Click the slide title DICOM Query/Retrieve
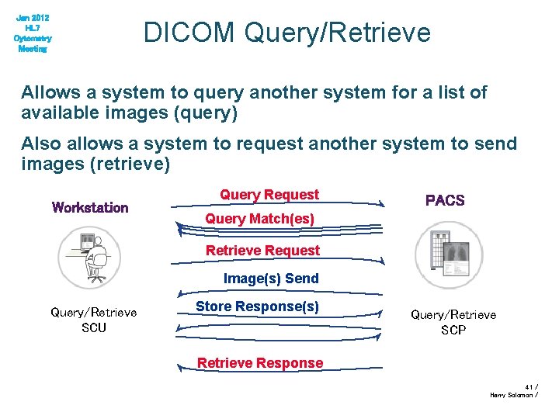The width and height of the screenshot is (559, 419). pos(286,33)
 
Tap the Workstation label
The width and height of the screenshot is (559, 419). pos(90,207)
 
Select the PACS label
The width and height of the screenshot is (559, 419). pos(445,200)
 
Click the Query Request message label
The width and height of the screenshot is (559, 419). pos(269,194)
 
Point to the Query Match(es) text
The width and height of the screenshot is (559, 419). pos(259,219)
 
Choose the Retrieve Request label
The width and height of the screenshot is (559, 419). pos(262,250)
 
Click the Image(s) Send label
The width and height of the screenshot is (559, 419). pos(271,278)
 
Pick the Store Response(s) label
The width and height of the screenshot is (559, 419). pos(257,306)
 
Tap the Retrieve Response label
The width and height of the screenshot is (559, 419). pos(260,362)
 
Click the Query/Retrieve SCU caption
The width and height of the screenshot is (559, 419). pos(94,320)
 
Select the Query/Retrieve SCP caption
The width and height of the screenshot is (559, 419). pos(453,322)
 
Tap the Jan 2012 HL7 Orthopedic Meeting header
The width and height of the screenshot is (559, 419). pos(33,33)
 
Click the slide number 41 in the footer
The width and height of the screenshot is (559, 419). pos(529,386)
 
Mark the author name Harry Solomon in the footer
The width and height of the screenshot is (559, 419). pos(511,395)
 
